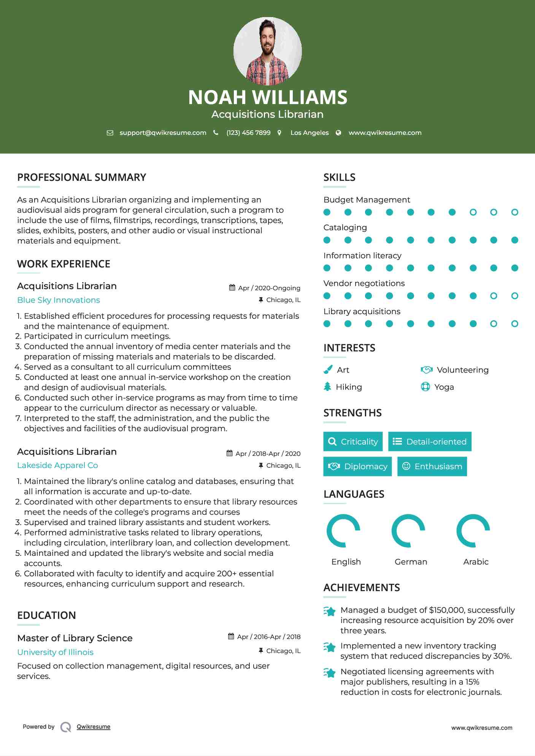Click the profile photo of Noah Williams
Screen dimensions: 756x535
(x=267, y=51)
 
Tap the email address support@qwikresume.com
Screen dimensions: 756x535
(x=163, y=133)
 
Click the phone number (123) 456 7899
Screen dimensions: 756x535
(x=248, y=133)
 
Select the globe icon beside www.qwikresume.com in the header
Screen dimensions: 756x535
(x=338, y=133)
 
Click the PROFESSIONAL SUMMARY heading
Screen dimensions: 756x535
(x=82, y=177)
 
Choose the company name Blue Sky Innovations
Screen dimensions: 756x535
(x=59, y=300)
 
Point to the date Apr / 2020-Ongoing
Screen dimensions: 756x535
(x=269, y=288)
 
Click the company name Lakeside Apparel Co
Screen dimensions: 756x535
(x=57, y=465)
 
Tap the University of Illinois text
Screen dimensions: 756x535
(x=55, y=652)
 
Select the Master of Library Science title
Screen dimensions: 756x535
(x=75, y=638)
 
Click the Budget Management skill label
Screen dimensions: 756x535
(x=367, y=200)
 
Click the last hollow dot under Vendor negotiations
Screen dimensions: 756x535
(x=514, y=296)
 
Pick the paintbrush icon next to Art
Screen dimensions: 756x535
(x=328, y=370)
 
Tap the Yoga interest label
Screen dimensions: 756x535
(x=444, y=387)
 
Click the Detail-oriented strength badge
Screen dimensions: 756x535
(x=430, y=441)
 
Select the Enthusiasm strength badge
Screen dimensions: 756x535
(x=432, y=467)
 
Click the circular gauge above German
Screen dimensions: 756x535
(x=408, y=531)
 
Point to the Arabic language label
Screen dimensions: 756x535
(x=476, y=562)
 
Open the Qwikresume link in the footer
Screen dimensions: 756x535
(x=94, y=727)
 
